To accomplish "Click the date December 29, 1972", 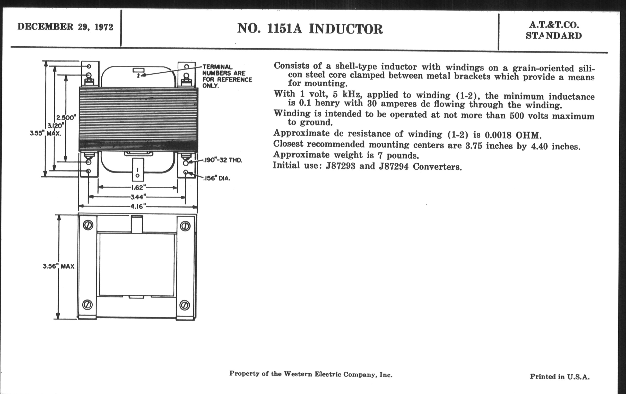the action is point(65,27).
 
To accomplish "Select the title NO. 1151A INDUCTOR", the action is point(310,29).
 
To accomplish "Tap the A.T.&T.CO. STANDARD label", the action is point(554,30).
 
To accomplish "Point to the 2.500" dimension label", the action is point(66,117).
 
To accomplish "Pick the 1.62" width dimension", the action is point(138,187).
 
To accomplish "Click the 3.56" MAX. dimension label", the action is point(59,266).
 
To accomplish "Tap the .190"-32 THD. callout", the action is point(223,160).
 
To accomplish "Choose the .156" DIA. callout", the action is point(216,178).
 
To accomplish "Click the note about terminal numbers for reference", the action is point(227,76).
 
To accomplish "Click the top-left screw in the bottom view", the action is point(88,225).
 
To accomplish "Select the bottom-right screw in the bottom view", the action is point(185,305).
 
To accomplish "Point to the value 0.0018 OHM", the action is point(513,135).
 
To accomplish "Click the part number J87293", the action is point(341,166).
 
